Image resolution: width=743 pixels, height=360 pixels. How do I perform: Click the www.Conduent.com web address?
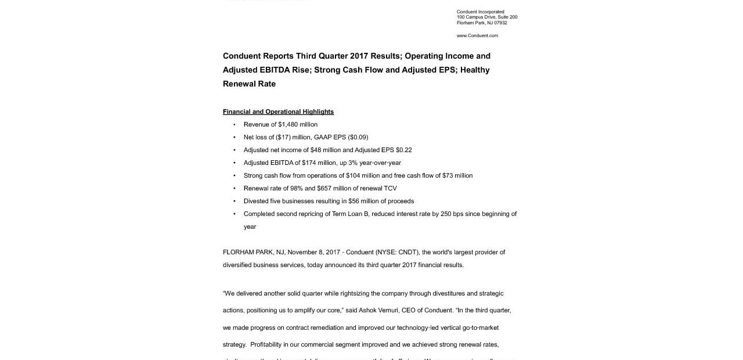(477, 36)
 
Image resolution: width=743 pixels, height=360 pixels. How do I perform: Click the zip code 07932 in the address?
(500, 23)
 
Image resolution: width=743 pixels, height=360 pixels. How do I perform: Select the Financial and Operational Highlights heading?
(278, 111)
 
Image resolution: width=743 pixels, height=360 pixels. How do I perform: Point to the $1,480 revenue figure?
(288, 124)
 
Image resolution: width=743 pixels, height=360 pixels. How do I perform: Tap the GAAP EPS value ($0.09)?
(358, 137)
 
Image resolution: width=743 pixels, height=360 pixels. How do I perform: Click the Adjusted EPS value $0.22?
(404, 150)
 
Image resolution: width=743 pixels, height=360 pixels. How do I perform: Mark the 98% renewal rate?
(295, 188)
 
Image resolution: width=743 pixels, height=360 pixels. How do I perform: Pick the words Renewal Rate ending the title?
(249, 84)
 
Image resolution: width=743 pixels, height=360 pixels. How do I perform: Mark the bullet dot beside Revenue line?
(235, 124)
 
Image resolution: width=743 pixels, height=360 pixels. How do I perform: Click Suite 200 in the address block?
(508, 17)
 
